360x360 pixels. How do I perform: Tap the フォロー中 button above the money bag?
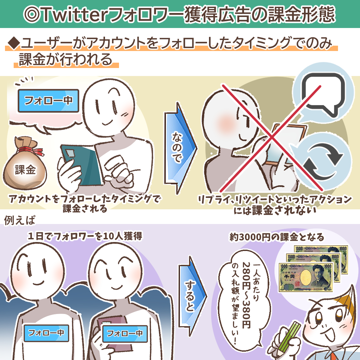[48, 100]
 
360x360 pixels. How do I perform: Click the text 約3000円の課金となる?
[277, 237]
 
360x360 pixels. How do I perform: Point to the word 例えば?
[19, 220]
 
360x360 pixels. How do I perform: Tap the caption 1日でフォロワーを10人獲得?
[85, 237]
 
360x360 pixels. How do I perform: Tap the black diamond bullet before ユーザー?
[13, 43]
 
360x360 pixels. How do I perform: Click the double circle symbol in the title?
[33, 14]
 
